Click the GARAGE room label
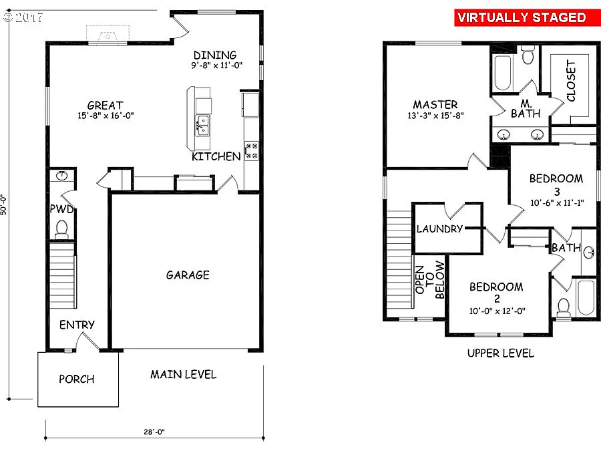188,275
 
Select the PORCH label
77,379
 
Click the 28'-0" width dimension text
154,432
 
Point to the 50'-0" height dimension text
5,204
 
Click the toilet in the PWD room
62,229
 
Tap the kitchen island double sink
202,124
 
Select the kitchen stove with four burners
252,150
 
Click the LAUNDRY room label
439,229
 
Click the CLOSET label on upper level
571,81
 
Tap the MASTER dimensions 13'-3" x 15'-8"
435,115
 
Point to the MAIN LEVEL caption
183,374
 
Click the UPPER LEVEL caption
501,353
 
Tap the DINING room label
215,55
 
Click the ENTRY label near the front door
77,325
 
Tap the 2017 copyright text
23,17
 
